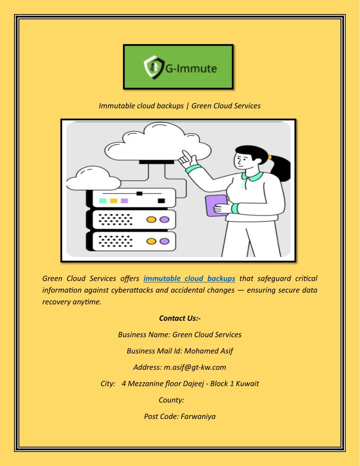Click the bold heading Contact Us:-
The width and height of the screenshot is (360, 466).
point(180,318)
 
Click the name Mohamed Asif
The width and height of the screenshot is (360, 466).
point(209,351)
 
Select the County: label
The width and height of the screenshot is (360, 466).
point(171,399)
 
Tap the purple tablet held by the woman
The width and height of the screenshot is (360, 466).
point(215,205)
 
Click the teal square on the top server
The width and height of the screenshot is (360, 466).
point(102,201)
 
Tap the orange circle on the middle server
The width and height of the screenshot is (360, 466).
point(150,219)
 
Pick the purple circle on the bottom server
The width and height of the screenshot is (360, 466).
point(164,241)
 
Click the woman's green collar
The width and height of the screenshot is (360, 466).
point(252,175)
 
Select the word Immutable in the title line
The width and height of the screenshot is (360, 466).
point(115,106)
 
